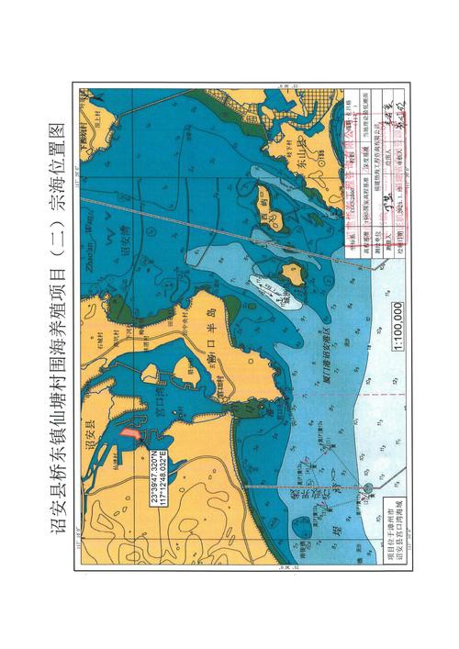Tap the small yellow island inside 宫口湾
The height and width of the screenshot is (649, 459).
149,374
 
